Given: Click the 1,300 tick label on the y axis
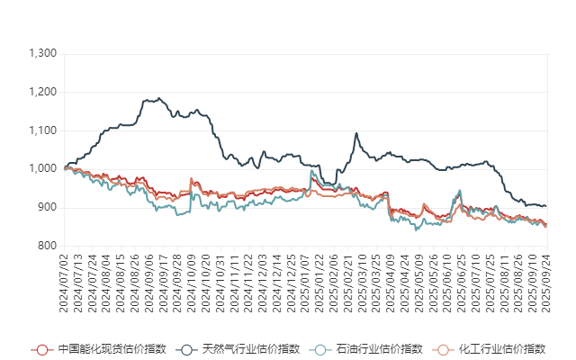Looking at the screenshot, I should [x=43, y=54].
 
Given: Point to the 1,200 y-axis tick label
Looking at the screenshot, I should [x=43, y=93].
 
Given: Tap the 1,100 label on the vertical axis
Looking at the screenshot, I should [x=43, y=130].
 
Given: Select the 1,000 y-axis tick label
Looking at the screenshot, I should [x=43, y=169].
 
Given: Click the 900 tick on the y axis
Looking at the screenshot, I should [x=49, y=207].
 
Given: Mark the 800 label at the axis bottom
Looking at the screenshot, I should [x=49, y=246].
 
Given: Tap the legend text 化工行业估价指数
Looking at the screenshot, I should [x=501, y=349].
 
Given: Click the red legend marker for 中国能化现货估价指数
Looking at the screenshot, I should [x=40, y=349].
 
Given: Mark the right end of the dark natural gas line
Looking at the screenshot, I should [x=546, y=208].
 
